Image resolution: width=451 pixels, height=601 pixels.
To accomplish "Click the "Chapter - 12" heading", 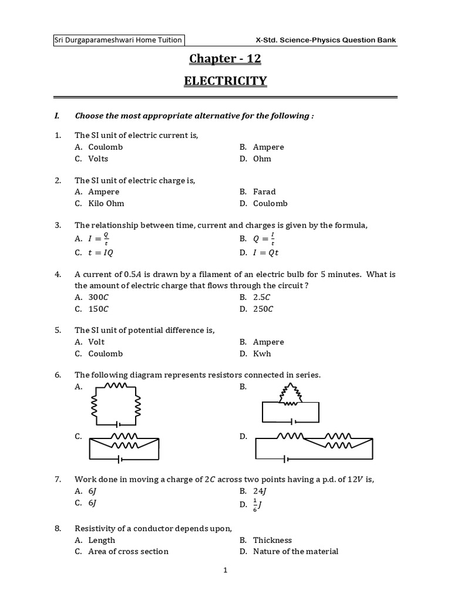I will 225,59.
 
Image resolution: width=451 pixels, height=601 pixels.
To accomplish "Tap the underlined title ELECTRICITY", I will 225,80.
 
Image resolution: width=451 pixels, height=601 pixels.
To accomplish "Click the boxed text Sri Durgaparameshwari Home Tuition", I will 118,40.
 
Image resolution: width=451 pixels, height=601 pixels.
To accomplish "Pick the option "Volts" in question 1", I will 98,158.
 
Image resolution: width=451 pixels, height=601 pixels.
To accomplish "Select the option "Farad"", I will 264,192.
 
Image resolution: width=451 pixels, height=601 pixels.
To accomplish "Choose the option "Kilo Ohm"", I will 106,204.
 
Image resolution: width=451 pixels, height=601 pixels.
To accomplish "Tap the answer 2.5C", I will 262,298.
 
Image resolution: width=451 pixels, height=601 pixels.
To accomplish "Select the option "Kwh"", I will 262,354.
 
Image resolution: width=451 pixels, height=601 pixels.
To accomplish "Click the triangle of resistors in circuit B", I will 290,393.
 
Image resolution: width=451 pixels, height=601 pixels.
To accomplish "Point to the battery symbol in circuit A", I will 118,424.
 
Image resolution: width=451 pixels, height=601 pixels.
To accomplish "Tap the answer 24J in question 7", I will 261,491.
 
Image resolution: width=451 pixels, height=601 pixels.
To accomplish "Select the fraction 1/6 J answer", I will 259,505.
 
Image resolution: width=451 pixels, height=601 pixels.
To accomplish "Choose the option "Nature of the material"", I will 295,551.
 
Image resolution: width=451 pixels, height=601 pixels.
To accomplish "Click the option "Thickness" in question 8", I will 272,540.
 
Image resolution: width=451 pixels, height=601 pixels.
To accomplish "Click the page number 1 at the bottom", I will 225,570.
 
